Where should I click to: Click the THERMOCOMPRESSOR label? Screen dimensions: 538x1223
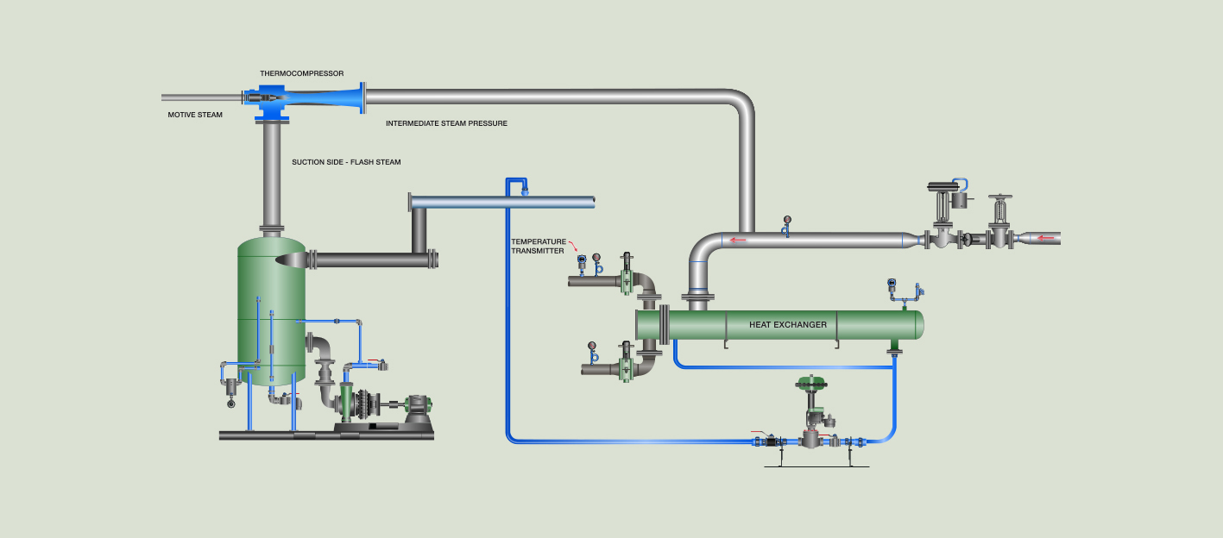[x=301, y=73]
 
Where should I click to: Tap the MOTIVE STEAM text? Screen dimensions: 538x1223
[x=195, y=115]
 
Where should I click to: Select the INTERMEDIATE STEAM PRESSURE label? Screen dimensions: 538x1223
[x=446, y=123]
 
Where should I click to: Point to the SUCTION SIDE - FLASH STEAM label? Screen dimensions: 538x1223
[x=346, y=162]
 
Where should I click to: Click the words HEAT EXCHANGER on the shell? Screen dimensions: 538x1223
[x=787, y=325]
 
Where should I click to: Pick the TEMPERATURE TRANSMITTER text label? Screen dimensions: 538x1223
[x=539, y=246]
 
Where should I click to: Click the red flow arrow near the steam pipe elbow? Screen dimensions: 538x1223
[x=735, y=241]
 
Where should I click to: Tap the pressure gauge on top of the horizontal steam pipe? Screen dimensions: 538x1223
[x=786, y=221]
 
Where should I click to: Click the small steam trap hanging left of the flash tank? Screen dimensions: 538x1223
[x=230, y=389]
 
